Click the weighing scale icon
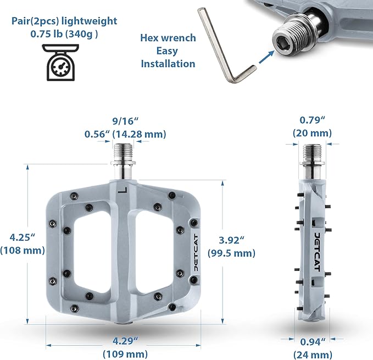pyautogui.click(x=60, y=62)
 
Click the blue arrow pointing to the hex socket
pyautogui.click(x=266, y=57)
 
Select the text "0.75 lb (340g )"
pyautogui.click(x=64, y=34)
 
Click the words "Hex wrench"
pyautogui.click(x=168, y=37)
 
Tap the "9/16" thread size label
pyautogui.click(x=125, y=121)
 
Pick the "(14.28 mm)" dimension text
pyautogui.click(x=139, y=134)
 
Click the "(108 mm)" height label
pyautogui.click(x=23, y=250)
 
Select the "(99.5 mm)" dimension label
pyautogui.click(x=231, y=253)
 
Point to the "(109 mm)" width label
pyautogui.click(x=125, y=354)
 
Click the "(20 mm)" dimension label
pyautogui.click(x=312, y=133)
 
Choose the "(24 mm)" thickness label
pyautogui.click(x=313, y=355)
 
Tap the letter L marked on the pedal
pyautogui.click(x=123, y=190)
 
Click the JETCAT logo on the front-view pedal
pyautogui.click(x=196, y=252)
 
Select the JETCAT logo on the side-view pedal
pyautogui.click(x=317, y=252)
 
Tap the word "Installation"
pyautogui.click(x=168, y=64)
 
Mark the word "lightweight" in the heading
pyautogui.click(x=89, y=21)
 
